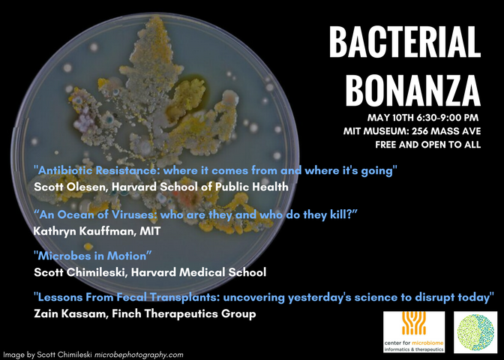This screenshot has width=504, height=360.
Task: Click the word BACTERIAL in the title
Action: (405, 42)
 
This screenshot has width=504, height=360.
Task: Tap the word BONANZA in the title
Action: (413, 90)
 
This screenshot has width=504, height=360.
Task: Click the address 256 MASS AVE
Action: (446, 131)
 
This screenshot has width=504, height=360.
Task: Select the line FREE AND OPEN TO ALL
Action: (428, 145)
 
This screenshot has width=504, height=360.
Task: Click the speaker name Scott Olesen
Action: (70, 187)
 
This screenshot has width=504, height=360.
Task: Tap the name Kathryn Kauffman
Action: (84, 231)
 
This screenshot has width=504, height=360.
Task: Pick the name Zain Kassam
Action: (70, 313)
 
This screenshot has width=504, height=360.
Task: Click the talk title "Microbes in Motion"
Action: (93, 256)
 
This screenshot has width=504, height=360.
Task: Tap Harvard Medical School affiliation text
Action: (199, 272)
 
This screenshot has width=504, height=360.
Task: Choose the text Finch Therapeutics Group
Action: (184, 313)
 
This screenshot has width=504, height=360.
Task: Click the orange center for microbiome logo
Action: (414, 331)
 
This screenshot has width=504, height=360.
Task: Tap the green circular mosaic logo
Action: (475, 332)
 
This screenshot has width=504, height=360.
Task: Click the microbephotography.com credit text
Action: (139, 355)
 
